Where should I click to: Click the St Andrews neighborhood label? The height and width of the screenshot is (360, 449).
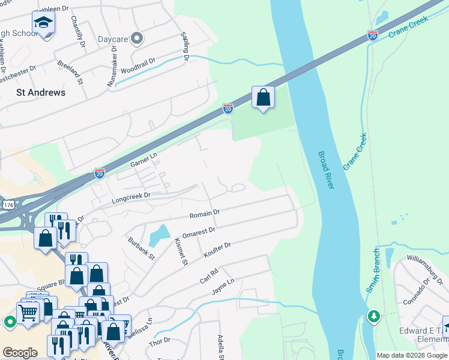coord(40,92)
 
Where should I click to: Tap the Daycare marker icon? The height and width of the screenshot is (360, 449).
coord(137,40)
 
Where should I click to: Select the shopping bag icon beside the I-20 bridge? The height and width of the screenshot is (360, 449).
coord(264,97)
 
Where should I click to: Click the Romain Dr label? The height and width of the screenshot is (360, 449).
coord(205,213)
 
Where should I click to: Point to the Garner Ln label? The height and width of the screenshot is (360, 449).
coord(143,160)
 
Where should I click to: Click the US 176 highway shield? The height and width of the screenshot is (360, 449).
coord(8,205)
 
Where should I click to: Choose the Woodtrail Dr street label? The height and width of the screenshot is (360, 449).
coord(137,66)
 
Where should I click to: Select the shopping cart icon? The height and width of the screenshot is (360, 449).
coord(28,311)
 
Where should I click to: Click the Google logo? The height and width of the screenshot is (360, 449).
coord(20,353)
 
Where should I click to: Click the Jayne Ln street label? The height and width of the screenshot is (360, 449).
coord(221,286)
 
